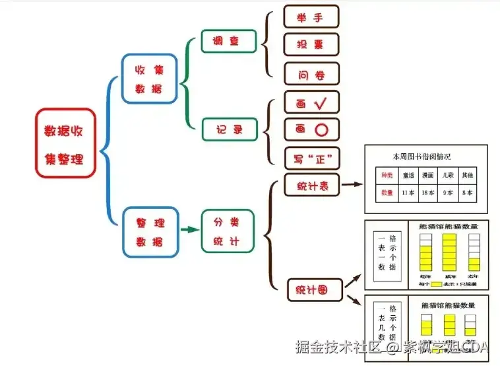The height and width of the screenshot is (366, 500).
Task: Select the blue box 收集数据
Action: tap(150, 79)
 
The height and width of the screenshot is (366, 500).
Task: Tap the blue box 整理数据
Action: tap(150, 232)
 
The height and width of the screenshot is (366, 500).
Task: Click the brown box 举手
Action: tap(311, 17)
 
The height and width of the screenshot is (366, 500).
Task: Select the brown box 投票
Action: tap(311, 44)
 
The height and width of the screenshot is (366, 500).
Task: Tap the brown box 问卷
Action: tap(311, 74)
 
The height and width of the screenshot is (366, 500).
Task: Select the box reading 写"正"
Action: tap(311, 159)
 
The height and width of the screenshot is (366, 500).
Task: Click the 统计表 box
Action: tap(311, 186)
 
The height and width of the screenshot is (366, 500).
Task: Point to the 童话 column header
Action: tap(407, 175)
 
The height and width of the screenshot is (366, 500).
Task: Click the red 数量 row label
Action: tap(386, 192)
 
